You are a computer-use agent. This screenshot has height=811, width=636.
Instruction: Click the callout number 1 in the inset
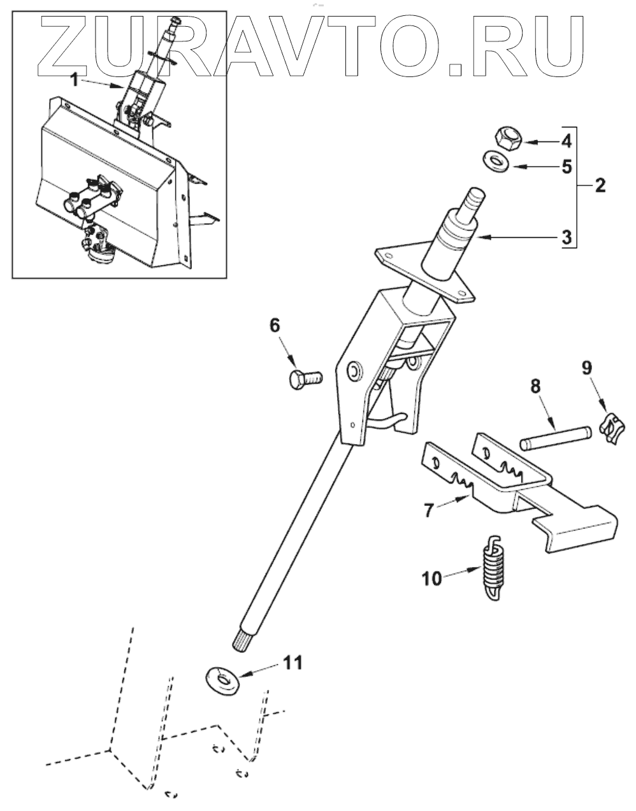point(75,80)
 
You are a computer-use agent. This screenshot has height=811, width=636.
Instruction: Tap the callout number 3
point(565,239)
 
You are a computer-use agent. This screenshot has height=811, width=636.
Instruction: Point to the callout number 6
point(275,326)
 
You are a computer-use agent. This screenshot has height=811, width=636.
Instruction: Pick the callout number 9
point(586,367)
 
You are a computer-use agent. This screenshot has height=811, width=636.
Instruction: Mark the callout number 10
point(431,578)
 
